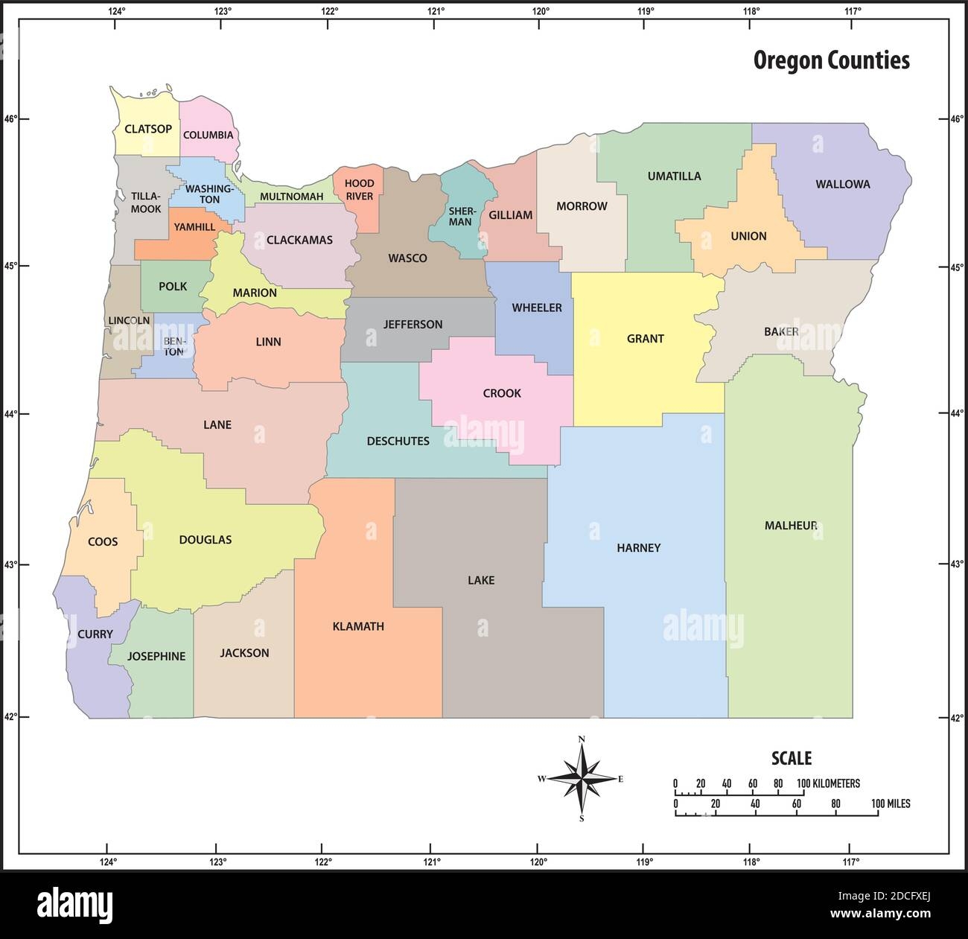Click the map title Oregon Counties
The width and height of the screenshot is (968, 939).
point(831,60)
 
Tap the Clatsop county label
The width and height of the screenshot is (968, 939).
point(148,129)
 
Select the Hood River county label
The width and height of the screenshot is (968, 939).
point(359,190)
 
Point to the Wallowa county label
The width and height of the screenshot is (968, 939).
point(842,184)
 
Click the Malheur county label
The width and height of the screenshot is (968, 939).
point(791,526)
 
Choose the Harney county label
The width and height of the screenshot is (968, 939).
point(638,548)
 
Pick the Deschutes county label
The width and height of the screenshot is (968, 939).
point(398,441)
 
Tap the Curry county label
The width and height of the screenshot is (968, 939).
point(95,634)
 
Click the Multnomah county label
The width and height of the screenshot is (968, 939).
point(291,197)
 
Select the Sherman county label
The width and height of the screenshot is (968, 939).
point(460,216)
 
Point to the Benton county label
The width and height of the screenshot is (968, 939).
point(173,347)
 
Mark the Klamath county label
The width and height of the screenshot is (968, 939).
point(358,626)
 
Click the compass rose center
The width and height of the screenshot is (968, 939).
point(582,779)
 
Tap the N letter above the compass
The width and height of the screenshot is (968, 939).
point(582,739)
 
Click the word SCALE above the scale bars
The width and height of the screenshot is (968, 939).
point(791,759)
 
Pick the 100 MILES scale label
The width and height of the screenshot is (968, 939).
point(891,804)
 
